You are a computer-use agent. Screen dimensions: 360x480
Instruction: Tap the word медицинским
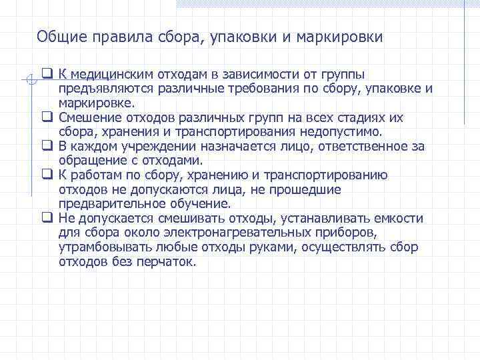point(105,75)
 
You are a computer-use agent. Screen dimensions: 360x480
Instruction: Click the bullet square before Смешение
point(47,117)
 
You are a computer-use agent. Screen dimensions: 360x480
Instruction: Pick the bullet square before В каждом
point(47,146)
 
